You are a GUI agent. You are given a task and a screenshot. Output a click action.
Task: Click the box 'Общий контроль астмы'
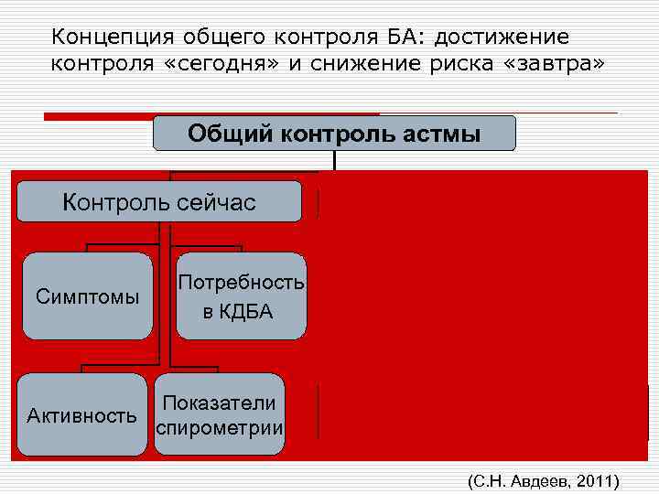pos(334,134)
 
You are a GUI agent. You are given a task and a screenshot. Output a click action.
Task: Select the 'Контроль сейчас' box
pos(159,202)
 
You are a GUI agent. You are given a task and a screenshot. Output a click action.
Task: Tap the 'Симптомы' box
pos(87,296)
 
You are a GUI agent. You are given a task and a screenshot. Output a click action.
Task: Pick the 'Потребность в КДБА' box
pos(241,296)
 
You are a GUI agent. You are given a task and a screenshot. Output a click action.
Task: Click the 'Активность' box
pos(81,415)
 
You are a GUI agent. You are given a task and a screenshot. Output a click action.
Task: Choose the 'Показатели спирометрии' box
pos(220,415)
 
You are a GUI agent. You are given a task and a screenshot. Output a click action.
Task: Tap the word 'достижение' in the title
pos(502,38)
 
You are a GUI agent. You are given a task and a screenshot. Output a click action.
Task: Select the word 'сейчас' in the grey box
pos(220,202)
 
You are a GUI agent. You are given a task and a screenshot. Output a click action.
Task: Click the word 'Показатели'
pos(220,403)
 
